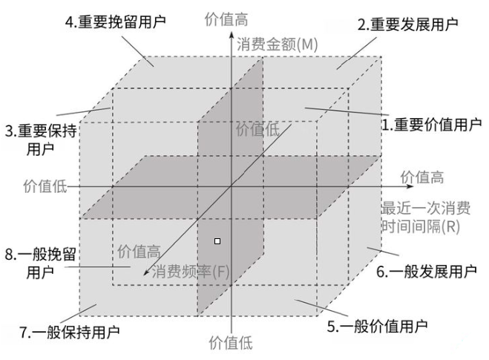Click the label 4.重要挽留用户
coord(115,22)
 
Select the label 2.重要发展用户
coord(408,24)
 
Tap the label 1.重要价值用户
coord(431,125)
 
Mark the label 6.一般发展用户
coord(426,272)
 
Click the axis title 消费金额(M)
coord(278,45)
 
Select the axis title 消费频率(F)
coord(191,272)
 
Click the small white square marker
coord(217,240)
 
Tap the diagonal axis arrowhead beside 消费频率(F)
coord(145,276)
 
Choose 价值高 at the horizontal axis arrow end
coord(422,177)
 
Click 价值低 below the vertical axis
coord(231,344)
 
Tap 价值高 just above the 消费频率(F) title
coord(140,252)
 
